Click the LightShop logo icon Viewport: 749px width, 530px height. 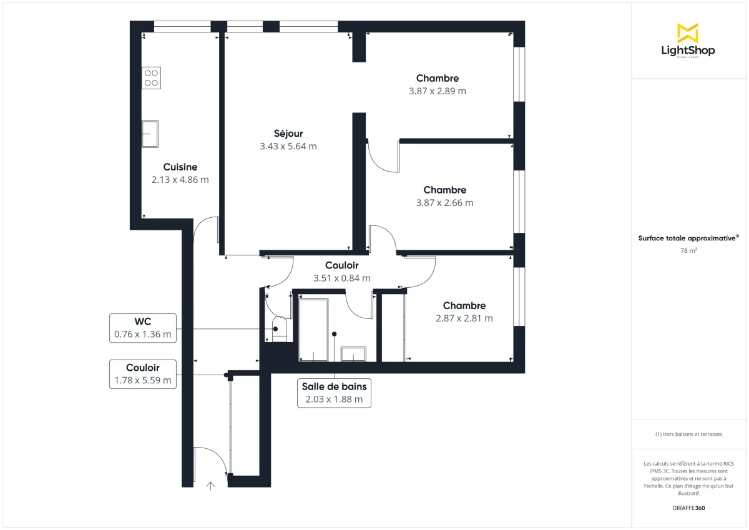coord(687,33)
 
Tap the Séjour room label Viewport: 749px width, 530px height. coord(288,134)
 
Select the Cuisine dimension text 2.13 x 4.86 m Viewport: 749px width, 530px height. coord(180,179)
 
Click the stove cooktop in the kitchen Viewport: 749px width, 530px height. coord(151,77)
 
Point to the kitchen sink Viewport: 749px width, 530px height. coord(150,133)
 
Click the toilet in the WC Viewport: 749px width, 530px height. coord(280,329)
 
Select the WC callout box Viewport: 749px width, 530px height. coord(142,328)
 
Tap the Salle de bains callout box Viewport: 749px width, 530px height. coord(334,393)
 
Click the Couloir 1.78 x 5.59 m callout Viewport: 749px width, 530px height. coord(142,374)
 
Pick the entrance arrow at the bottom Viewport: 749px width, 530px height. coord(210,485)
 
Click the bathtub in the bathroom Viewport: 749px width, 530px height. coord(313,330)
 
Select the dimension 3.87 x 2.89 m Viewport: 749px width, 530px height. coord(438,91)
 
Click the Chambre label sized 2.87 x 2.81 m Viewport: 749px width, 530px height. coord(464,306)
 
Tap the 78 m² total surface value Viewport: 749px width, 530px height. coord(688,250)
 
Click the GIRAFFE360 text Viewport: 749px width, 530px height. coord(688,508)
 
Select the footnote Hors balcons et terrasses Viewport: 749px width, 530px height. coord(688,434)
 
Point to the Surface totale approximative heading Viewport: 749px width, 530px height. coord(687,238)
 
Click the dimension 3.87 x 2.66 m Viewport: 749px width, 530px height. coord(444,203)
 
